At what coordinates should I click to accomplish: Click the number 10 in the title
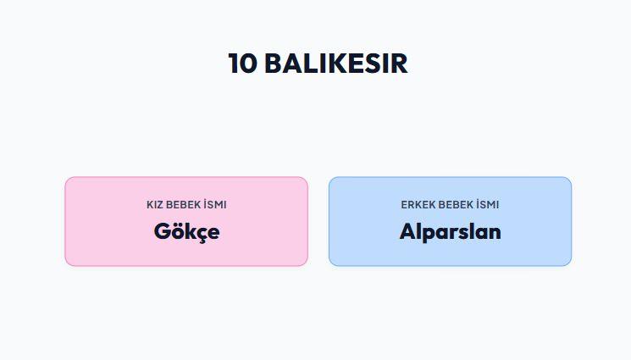point(242,64)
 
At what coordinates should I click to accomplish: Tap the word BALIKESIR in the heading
point(336,64)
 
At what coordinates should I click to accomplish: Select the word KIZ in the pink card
point(154,204)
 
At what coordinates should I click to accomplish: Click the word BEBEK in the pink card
point(183,204)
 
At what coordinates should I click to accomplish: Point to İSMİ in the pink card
point(215,204)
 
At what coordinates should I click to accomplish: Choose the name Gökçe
point(186,232)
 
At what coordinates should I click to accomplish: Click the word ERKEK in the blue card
point(418,204)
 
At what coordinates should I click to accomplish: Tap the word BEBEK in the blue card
point(456,204)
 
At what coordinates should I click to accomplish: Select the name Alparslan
point(451,231)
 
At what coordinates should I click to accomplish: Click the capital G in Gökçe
point(162,231)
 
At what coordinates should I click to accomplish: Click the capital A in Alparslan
point(408,231)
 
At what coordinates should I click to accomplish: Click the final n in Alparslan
point(495,234)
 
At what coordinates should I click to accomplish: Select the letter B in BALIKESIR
point(274,64)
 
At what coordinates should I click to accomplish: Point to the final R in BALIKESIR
point(399,64)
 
